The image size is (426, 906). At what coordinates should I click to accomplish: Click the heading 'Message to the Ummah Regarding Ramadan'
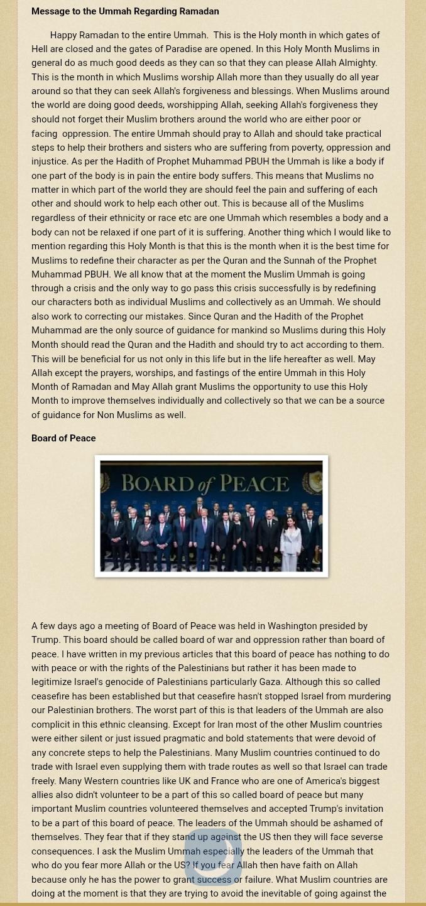pyautogui.click(x=125, y=11)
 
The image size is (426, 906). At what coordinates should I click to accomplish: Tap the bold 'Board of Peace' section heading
pyautogui.click(x=63, y=438)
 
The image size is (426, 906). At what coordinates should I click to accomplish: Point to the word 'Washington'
pyautogui.click(x=292, y=626)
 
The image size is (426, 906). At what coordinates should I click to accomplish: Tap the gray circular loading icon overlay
pyautogui.click(x=213, y=856)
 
